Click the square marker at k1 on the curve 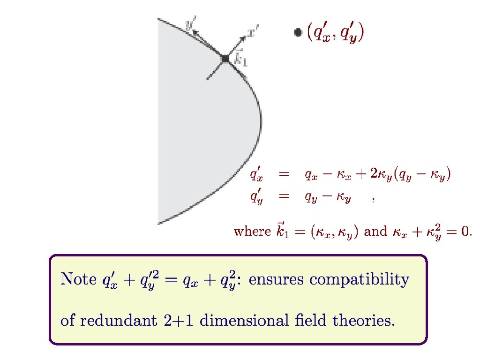click(225, 59)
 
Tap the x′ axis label click(253, 33)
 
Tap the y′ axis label click(191, 24)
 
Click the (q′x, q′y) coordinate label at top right click(336, 33)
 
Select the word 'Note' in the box click(78, 280)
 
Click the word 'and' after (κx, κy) click(375, 232)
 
